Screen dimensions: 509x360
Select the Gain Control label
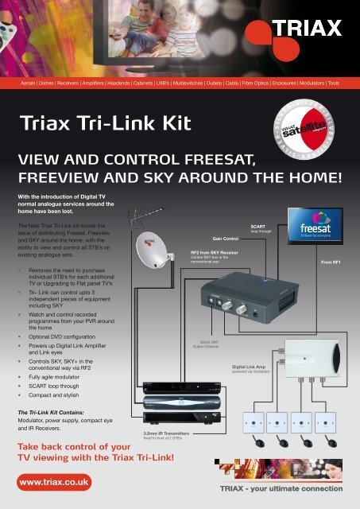[226, 238]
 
